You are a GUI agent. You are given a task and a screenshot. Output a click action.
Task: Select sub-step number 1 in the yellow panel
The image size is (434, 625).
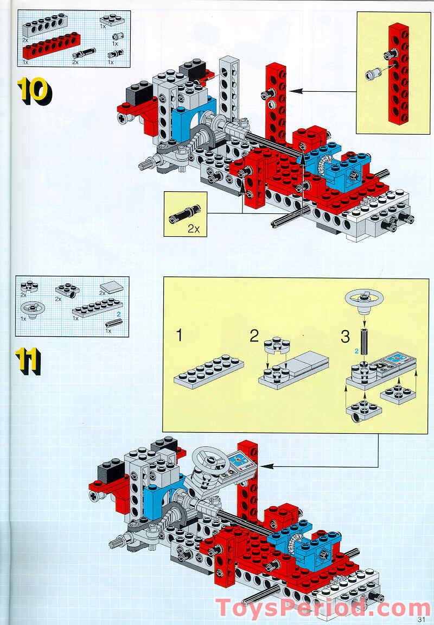(180, 336)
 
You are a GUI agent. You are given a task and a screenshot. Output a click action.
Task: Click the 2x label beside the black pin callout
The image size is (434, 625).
(194, 229)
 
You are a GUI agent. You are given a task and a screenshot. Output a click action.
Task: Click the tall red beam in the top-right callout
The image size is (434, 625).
(399, 73)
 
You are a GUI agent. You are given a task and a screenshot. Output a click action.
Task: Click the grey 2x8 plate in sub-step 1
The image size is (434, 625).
(209, 370)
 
